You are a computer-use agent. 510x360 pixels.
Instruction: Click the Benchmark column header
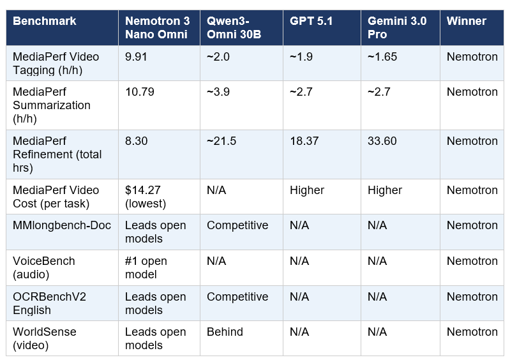pyautogui.click(x=45, y=21)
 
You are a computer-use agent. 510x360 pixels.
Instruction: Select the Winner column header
pyautogui.click(x=466, y=21)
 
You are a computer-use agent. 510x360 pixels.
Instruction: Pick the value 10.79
pyautogui.click(x=140, y=92)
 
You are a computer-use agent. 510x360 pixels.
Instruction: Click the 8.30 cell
pyautogui.click(x=137, y=141)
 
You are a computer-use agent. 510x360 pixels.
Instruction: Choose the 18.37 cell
pyautogui.click(x=304, y=141)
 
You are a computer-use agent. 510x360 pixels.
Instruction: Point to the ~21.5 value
pyautogui.click(x=221, y=141)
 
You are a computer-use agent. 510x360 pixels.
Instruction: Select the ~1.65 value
pyautogui.click(x=382, y=57)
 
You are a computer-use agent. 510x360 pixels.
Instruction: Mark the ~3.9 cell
pyautogui.click(x=218, y=92)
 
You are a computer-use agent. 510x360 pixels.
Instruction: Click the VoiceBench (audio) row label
pyautogui.click(x=44, y=267)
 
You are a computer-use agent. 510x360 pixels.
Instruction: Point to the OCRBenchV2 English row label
pyautogui.click(x=49, y=303)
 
